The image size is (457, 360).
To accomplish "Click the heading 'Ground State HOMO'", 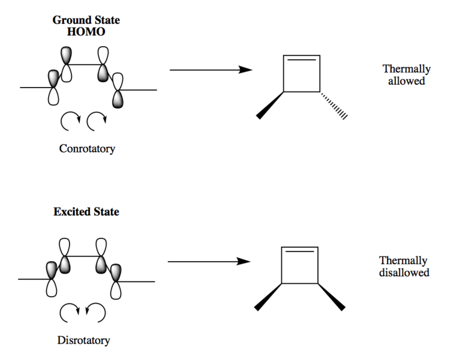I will point(86,26).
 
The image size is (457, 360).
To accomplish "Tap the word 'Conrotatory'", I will point(86,149).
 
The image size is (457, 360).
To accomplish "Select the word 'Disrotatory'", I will point(83,341).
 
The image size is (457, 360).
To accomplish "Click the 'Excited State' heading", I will point(86,212).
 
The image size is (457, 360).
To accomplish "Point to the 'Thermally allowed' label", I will point(405,74).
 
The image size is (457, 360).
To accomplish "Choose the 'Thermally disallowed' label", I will point(404,266).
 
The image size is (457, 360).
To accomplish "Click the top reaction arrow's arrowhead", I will point(245,70).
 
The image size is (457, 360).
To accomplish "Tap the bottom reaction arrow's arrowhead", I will point(243,262).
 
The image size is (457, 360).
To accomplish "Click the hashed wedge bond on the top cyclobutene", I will point(334,106).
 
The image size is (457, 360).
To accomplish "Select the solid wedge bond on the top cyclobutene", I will point(270,105).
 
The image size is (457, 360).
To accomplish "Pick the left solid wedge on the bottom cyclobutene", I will point(268,296).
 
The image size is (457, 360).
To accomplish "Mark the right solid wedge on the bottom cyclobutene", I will point(332,296).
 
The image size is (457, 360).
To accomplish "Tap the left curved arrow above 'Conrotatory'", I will point(69,122).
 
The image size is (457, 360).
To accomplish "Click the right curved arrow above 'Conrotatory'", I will point(97,122).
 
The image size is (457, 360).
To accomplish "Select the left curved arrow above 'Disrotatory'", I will point(68,312).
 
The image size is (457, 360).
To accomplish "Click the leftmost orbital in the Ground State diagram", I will point(54,88).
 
